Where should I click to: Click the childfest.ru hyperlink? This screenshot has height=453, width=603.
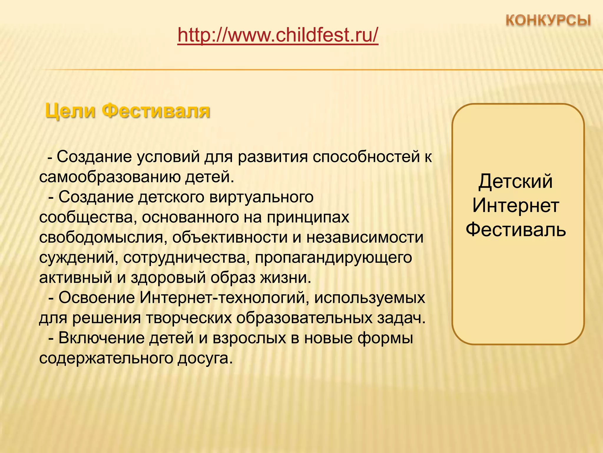coord(278,35)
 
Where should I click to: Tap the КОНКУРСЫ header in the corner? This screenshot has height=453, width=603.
coord(548,21)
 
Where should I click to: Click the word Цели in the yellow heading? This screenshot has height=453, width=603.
coord(70,111)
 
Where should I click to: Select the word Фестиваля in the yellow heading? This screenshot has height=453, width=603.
coord(156,111)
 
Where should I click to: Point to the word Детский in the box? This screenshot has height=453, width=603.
coord(516,181)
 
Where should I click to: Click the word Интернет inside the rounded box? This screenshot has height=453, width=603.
coord(516,206)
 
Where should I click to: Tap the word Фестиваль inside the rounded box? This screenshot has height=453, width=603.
coord(516,230)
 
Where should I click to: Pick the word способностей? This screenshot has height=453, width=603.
coord(366,157)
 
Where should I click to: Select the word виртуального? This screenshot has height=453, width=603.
coord(261,197)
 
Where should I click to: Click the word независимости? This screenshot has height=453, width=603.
coord(365,238)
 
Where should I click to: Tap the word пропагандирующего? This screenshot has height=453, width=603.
coord(333,258)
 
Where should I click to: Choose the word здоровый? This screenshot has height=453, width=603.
coord(168,278)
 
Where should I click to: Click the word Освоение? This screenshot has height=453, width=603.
coord(97,298)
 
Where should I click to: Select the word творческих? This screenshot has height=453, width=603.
coord(189,318)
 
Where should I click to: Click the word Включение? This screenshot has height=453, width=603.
coord(101,338)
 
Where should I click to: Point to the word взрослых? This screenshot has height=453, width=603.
coord(249,338)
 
